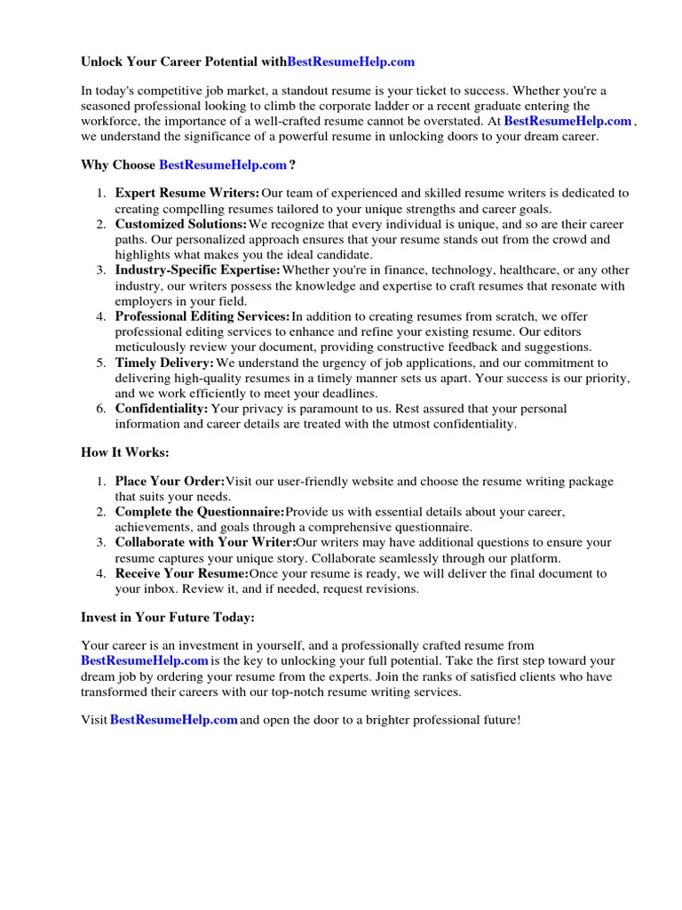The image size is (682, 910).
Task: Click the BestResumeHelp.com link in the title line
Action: [x=352, y=62]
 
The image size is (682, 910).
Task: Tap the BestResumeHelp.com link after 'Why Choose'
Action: [x=223, y=165]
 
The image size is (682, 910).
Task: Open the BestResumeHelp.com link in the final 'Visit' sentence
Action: [x=173, y=720]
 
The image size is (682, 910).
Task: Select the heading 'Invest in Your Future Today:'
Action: [x=168, y=618]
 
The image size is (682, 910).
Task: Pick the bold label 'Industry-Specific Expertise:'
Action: [x=197, y=270]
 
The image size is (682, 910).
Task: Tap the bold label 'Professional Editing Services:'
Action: [x=202, y=316]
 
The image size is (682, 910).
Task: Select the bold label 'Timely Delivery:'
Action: [x=164, y=363]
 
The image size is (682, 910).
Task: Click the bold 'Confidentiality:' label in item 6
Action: [x=162, y=409]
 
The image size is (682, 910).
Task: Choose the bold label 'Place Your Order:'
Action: [x=170, y=482]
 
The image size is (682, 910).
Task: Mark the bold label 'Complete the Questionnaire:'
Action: [x=200, y=513]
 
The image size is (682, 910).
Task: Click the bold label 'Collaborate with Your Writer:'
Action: [x=205, y=543]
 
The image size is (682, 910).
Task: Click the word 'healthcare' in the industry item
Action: [x=531, y=270]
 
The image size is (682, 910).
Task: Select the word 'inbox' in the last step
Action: [x=156, y=589]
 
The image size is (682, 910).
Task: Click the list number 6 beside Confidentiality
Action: [x=101, y=409]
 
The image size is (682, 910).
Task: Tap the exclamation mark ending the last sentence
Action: [x=518, y=720]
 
